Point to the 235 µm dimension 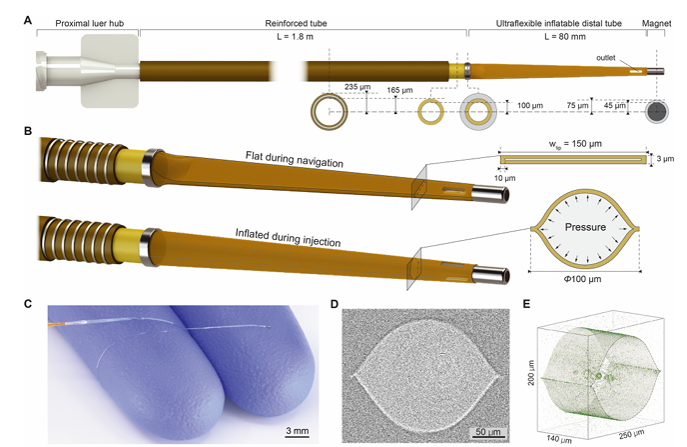(351, 87)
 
